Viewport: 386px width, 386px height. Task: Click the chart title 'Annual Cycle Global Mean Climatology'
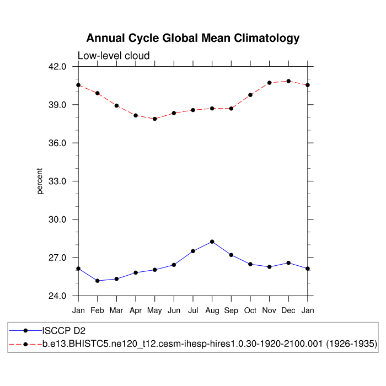[193, 38]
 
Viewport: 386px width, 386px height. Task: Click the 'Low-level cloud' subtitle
[114, 56]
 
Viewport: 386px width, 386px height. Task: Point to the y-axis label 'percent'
[40, 181]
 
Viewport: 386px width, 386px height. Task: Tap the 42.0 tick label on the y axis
[57, 67]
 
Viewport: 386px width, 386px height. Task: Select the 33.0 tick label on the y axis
[57, 181]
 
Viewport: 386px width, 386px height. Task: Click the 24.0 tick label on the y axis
[57, 296]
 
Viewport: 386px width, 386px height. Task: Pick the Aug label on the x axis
[212, 310]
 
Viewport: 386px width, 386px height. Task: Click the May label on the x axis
[155, 311]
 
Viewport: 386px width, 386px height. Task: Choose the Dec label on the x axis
[288, 310]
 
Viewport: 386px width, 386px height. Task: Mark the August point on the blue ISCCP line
[212, 242]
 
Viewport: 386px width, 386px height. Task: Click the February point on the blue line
[98, 281]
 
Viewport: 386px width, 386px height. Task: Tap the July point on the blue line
[193, 251]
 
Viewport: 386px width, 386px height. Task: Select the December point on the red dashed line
[288, 81]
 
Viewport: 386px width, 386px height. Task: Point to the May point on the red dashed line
[155, 119]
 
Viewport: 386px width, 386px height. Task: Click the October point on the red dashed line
[250, 95]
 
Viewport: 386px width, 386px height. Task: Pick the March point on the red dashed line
[117, 105]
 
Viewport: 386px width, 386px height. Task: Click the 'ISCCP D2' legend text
[65, 330]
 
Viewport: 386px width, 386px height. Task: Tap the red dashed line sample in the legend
[25, 344]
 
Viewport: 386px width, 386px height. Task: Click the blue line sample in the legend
[25, 330]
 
